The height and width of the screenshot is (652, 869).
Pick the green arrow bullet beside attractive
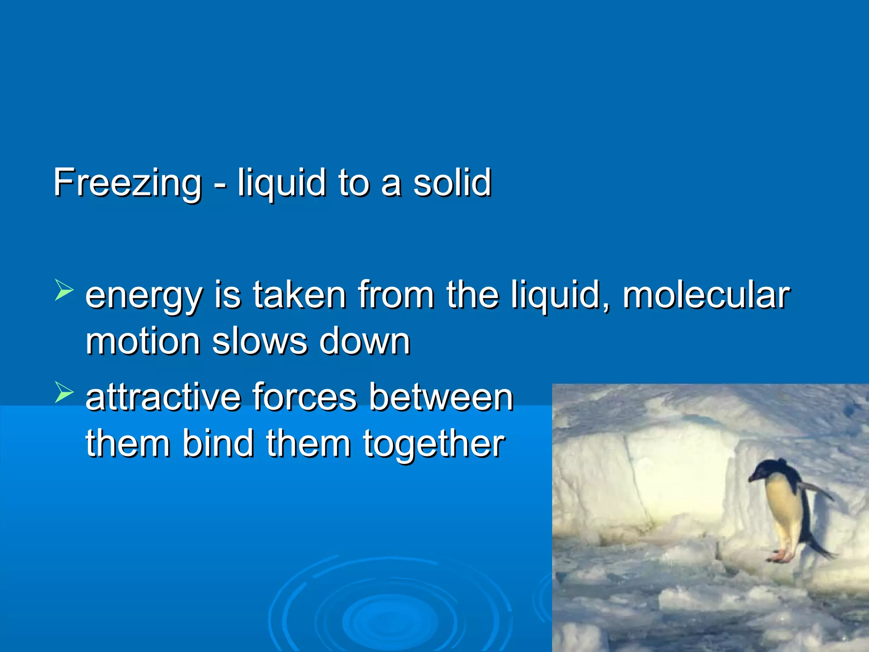tap(64, 392)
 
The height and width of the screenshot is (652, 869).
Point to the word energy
tap(143, 295)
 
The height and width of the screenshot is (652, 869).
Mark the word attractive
tap(163, 397)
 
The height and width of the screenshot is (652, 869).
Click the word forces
tap(305, 397)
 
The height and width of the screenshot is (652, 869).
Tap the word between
tap(441, 397)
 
